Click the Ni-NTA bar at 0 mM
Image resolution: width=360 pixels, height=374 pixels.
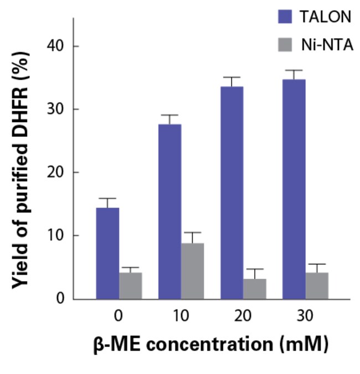pos(131,285)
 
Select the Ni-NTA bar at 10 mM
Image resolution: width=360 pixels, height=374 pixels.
pos(193,271)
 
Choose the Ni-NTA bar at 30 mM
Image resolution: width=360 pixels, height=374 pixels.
pos(317,285)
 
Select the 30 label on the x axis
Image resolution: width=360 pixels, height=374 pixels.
pos(305,316)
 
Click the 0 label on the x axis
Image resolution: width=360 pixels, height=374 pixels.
pos(119,316)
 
